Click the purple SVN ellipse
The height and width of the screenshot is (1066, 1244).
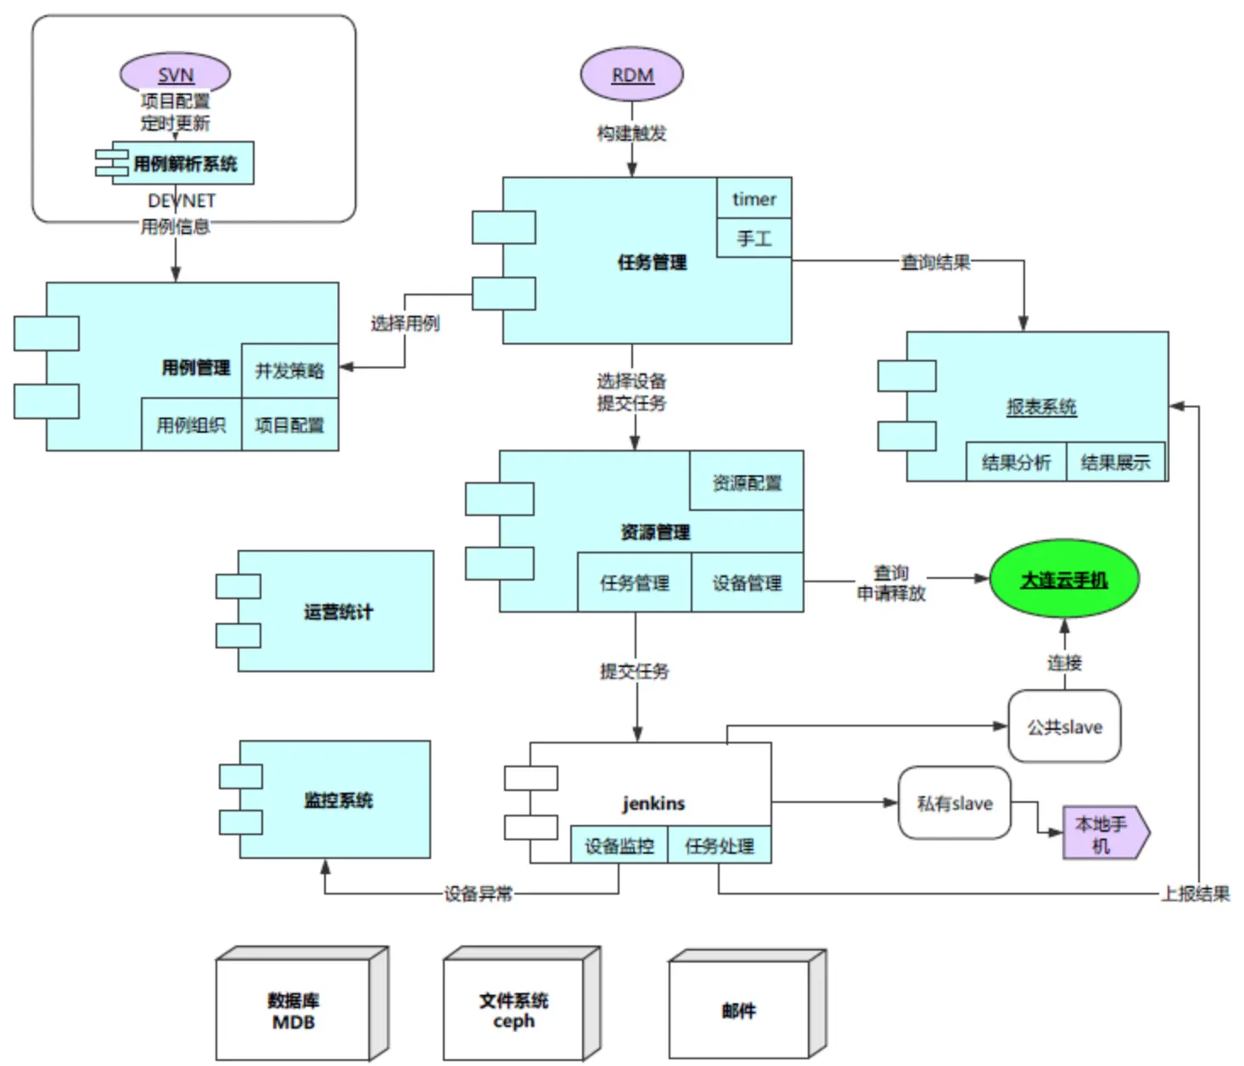(x=175, y=74)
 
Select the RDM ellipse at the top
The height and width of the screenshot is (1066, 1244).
(x=632, y=75)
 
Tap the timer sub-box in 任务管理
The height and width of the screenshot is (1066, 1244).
(x=754, y=199)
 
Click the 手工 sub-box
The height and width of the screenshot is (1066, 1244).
(x=754, y=238)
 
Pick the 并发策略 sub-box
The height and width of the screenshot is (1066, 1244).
(x=289, y=371)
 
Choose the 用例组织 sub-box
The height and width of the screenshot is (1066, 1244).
(x=191, y=424)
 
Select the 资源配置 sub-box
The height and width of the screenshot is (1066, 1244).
(x=746, y=482)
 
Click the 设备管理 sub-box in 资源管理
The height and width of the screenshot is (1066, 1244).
(x=747, y=583)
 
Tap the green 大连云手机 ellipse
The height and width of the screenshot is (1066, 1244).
(x=1063, y=580)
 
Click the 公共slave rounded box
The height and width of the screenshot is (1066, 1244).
(x=1064, y=727)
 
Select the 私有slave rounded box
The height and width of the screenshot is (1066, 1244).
(x=955, y=804)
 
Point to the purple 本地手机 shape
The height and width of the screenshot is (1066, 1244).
(x=1104, y=834)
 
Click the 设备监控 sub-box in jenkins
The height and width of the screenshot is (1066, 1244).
(x=619, y=845)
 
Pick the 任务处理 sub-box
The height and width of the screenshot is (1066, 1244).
(x=720, y=845)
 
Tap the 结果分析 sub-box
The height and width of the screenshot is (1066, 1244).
(x=1016, y=462)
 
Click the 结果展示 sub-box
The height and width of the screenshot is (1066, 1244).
(x=1115, y=462)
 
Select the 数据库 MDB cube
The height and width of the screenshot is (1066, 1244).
(x=294, y=1010)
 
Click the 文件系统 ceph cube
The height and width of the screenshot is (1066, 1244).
(x=513, y=1010)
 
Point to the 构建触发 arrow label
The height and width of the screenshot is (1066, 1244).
(x=631, y=133)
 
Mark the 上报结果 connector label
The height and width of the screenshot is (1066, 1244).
(x=1195, y=893)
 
